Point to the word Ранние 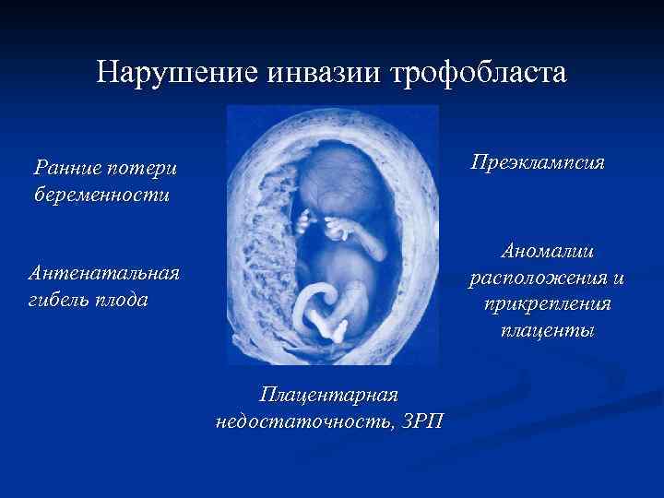point(65,168)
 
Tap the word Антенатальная point(104,273)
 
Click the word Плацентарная point(328,395)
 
